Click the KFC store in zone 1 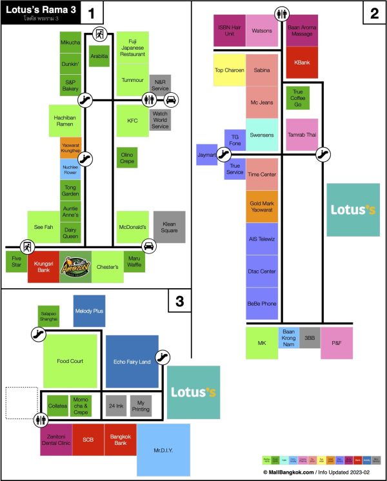click(x=133, y=121)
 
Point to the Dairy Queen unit click(x=70, y=233)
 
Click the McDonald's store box click(x=133, y=227)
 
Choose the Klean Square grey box click(x=169, y=227)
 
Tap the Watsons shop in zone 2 click(x=262, y=30)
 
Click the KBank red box click(x=301, y=63)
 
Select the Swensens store click(x=262, y=135)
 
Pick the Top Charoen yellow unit click(x=229, y=70)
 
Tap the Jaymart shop click(x=206, y=155)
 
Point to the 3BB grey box click(x=310, y=337)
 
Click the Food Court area click(x=71, y=361)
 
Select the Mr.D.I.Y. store click(x=164, y=449)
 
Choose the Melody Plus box click(x=89, y=310)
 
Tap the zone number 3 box click(x=180, y=300)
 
